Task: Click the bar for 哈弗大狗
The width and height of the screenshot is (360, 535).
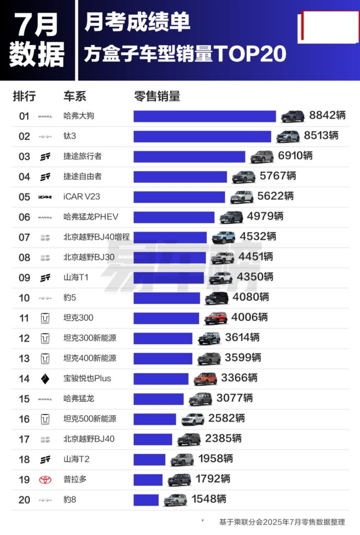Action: [x=204, y=116]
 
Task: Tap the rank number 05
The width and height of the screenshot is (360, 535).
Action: [x=25, y=197]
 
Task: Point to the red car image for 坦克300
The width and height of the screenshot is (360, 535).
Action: [x=216, y=318]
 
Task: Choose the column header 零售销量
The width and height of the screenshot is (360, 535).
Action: [x=157, y=96]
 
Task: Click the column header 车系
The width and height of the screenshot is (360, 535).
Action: [x=75, y=96]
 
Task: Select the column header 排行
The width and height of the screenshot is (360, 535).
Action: [x=25, y=96]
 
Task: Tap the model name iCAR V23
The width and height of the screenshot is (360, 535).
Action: [x=83, y=197]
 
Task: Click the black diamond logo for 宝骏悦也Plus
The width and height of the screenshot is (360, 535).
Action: [x=45, y=379]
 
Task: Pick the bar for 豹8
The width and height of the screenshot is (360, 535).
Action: [x=146, y=500]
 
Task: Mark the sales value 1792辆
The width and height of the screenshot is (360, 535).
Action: [x=213, y=479]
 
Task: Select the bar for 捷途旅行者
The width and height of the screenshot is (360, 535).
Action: [x=189, y=156]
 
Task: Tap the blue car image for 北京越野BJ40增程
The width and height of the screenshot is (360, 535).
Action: [x=223, y=237]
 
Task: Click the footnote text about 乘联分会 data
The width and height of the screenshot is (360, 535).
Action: [x=282, y=522]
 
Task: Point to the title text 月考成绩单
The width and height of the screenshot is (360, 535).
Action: [x=137, y=22]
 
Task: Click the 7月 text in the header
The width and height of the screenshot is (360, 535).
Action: [x=36, y=24]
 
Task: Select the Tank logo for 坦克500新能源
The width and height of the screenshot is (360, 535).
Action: [x=45, y=419]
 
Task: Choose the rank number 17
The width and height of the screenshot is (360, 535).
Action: [x=25, y=439]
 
